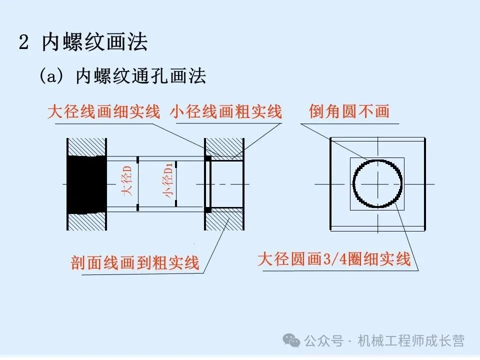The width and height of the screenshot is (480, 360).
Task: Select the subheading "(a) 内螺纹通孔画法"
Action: pyautogui.click(x=123, y=76)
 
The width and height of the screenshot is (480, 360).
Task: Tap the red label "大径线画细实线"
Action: pyautogui.click(x=103, y=111)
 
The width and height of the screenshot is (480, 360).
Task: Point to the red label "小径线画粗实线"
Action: pyautogui.click(x=225, y=111)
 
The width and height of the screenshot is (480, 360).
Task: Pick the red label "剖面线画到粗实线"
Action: pyautogui.click(x=135, y=262)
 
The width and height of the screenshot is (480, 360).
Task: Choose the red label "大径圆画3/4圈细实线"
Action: pyautogui.click(x=333, y=259)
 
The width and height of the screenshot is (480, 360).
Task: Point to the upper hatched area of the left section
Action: pyautogui.click(x=87, y=146)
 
